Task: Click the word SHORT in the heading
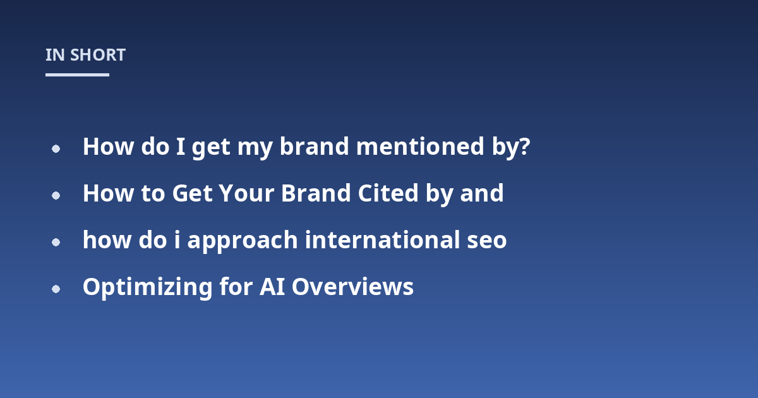click(x=98, y=55)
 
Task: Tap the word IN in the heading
click(x=55, y=55)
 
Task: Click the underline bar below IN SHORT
click(x=77, y=75)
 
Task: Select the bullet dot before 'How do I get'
click(x=56, y=148)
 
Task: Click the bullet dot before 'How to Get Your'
click(x=56, y=195)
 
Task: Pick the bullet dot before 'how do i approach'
click(x=56, y=243)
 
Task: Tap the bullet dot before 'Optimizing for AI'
click(x=56, y=289)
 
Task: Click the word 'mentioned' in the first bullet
click(x=420, y=147)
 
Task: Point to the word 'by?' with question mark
click(x=510, y=148)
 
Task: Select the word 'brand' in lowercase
click(x=315, y=147)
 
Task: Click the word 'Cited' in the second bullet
click(x=388, y=193)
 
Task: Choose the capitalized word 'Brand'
click(x=316, y=193)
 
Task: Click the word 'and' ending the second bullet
click(x=482, y=193)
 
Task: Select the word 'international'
click(x=382, y=240)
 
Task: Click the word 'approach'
click(x=243, y=241)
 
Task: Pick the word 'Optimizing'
click(x=148, y=287)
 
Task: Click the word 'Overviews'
click(x=352, y=287)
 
